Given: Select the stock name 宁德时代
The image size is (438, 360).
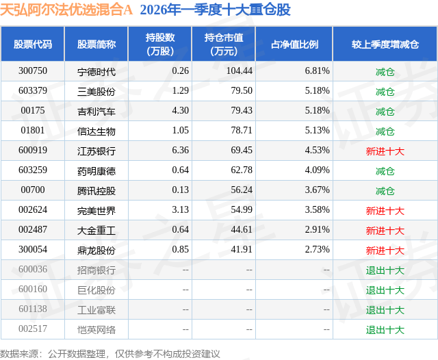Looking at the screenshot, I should (x=96, y=71).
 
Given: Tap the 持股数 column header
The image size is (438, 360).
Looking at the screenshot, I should (x=160, y=44).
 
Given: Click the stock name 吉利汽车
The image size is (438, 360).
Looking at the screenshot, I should (x=96, y=111).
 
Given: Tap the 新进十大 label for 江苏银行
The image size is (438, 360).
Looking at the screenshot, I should (x=385, y=151).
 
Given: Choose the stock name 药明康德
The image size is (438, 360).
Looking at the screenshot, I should (x=96, y=170).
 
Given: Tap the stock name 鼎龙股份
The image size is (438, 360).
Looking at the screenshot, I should (x=96, y=250).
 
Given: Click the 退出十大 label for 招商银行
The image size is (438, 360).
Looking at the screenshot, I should (x=385, y=270).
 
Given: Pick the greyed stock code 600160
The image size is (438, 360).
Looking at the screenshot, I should (x=33, y=290).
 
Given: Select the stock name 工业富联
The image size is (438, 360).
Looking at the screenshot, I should (x=96, y=309).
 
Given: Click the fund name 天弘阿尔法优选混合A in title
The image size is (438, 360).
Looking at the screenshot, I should (x=66, y=10).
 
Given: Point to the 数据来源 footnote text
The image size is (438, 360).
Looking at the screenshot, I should (x=109, y=353).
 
